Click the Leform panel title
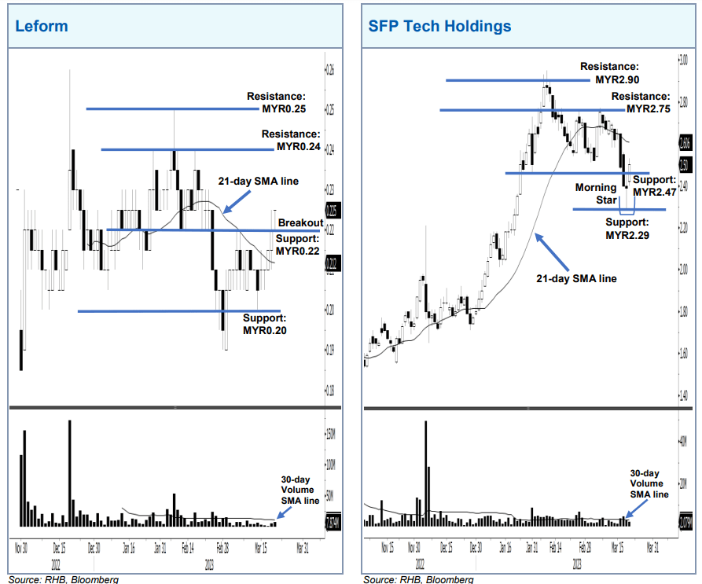(42, 26)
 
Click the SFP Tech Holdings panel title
(439, 26)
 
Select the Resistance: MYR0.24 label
(291, 141)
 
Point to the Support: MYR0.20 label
(265, 324)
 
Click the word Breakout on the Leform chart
(300, 222)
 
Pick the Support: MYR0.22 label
(298, 244)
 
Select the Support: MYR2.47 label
(654, 186)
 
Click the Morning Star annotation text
(594, 194)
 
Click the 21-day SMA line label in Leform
(259, 182)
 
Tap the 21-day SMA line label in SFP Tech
(576, 278)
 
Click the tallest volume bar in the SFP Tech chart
(426, 472)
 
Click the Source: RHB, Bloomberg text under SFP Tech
(418, 579)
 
